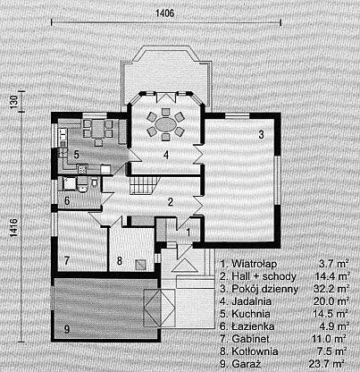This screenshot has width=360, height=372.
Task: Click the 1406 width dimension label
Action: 165,13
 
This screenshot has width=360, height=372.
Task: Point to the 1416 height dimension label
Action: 14,228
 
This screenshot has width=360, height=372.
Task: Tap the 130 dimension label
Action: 14,100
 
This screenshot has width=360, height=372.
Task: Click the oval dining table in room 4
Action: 166,123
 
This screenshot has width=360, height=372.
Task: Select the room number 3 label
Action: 261,134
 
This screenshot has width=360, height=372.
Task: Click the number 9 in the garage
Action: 67,330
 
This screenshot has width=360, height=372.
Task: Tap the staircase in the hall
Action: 144,185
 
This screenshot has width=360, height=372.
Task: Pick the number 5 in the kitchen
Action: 76,155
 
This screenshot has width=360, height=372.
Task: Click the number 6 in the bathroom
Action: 67,201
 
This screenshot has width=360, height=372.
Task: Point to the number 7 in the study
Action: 67,261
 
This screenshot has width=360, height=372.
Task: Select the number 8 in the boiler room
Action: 120,261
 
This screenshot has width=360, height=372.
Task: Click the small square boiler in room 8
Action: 141,265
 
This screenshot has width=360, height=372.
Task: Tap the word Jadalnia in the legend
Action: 252,301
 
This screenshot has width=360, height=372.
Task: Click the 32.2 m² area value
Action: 331,289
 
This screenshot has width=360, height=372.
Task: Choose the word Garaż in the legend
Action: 247,364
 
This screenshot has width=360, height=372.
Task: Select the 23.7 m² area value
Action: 331,364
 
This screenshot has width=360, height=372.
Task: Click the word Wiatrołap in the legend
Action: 255,264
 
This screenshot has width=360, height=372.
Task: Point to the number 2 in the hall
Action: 171,202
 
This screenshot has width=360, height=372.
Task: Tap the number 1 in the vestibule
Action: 188,232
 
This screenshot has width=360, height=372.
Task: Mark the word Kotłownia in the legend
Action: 255,351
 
